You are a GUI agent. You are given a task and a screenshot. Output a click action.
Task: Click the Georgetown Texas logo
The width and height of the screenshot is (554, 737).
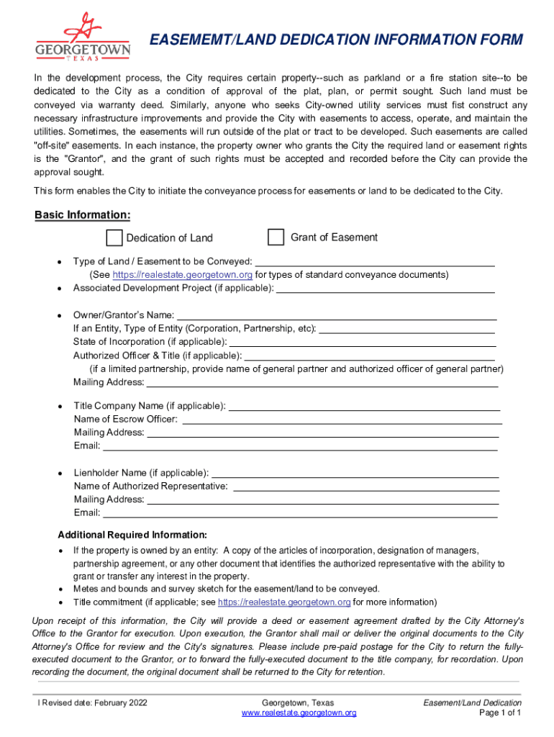click(x=83, y=37)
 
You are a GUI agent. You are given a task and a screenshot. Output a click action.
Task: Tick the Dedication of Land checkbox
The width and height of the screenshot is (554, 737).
click(x=114, y=238)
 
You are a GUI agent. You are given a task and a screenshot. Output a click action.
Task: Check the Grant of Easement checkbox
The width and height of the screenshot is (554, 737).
click(x=276, y=237)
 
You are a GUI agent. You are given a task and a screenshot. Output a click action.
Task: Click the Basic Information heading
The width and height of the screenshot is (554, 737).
click(x=83, y=215)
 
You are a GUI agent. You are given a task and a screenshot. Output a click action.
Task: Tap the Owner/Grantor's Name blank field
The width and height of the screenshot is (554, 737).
click(x=337, y=316)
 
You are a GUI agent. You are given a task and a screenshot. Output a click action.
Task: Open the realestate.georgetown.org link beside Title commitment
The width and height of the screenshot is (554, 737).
click(x=283, y=602)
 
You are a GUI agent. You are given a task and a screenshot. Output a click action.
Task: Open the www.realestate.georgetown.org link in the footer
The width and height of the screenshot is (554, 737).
click(x=299, y=713)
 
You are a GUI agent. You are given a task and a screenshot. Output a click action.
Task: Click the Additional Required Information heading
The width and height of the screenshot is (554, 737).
click(x=132, y=535)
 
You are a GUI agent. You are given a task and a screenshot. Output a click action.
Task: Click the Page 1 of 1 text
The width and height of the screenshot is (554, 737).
click(x=500, y=713)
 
